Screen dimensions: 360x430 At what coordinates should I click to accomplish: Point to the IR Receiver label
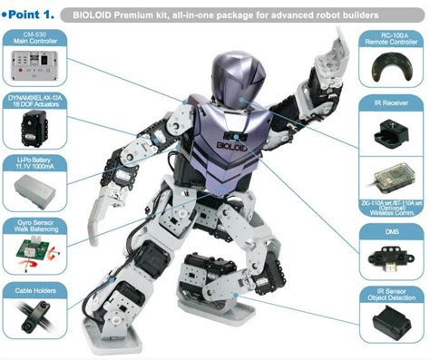click(x=391, y=105)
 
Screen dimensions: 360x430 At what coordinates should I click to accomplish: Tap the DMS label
click(x=391, y=230)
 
